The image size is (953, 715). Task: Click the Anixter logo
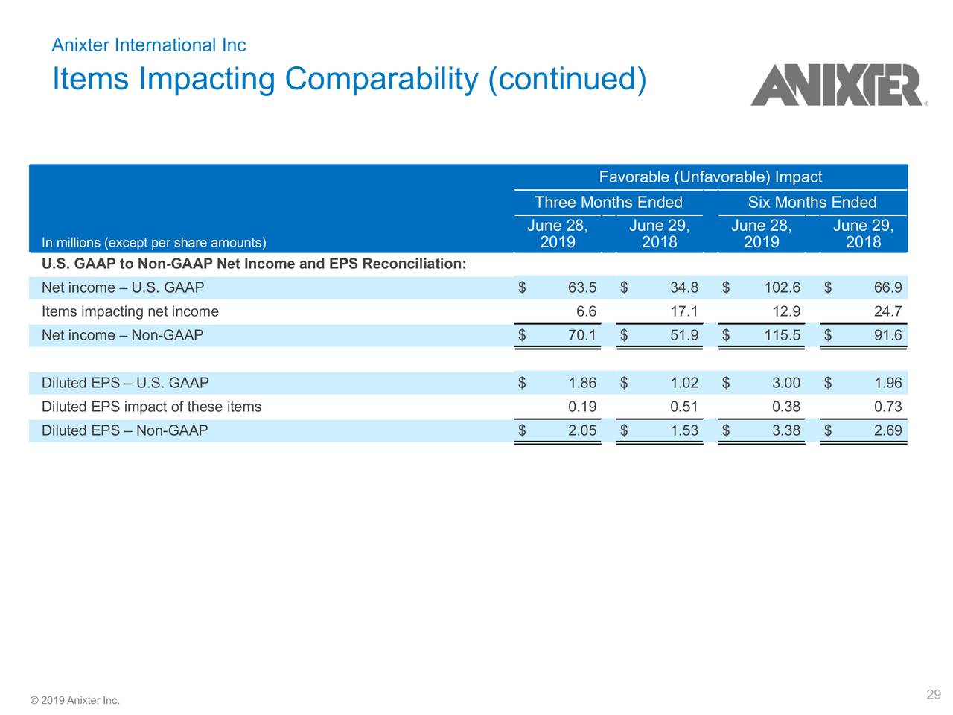pyautogui.click(x=838, y=85)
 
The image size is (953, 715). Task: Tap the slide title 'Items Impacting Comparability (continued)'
pyautogui.click(x=349, y=79)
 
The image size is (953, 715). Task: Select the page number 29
pyautogui.click(x=934, y=695)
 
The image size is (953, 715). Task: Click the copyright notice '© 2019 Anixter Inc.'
pyautogui.click(x=74, y=700)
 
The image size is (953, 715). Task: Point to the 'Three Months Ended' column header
pyautogui.click(x=608, y=203)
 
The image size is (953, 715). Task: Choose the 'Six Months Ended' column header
pyautogui.click(x=812, y=203)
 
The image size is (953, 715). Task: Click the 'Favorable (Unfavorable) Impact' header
pyautogui.click(x=710, y=177)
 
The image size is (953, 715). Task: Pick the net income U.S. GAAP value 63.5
pyautogui.click(x=581, y=288)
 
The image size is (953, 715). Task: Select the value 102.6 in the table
pyautogui.click(x=782, y=288)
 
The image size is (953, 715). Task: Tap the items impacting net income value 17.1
pyautogui.click(x=683, y=312)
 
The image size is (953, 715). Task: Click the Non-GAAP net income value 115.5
pyautogui.click(x=782, y=336)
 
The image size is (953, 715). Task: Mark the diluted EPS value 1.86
pyautogui.click(x=581, y=384)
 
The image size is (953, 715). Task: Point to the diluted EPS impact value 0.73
pyautogui.click(x=887, y=407)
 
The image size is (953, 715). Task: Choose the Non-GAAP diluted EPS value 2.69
pyautogui.click(x=887, y=431)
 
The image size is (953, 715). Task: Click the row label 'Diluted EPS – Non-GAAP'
pyautogui.click(x=124, y=431)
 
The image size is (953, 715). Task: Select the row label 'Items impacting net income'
pyautogui.click(x=130, y=312)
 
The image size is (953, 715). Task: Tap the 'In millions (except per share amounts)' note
pyautogui.click(x=153, y=243)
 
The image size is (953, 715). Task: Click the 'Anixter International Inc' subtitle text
pyautogui.click(x=148, y=45)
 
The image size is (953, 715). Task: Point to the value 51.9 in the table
pyautogui.click(x=683, y=336)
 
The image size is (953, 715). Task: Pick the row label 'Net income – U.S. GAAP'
pyautogui.click(x=122, y=288)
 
